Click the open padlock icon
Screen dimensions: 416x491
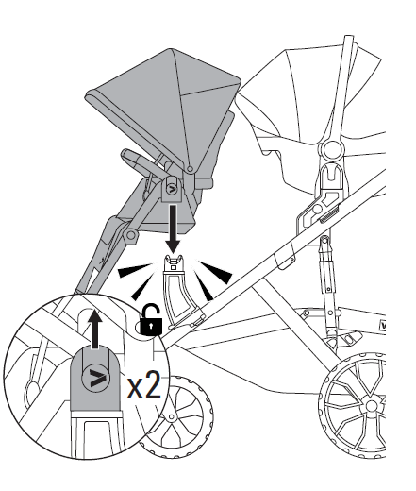point(151,320)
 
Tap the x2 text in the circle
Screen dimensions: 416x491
point(144,386)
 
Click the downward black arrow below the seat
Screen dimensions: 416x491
point(173,228)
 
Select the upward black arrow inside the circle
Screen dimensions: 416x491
point(94,329)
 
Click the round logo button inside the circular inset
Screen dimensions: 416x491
point(96,377)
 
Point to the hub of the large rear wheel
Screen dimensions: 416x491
point(371,405)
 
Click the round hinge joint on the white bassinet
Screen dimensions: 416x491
point(333,149)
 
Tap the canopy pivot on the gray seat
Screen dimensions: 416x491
point(190,169)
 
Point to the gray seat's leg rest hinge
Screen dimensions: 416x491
point(130,235)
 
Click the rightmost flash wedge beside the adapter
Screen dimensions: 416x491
point(218,271)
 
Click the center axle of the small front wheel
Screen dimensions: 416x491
point(172,417)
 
